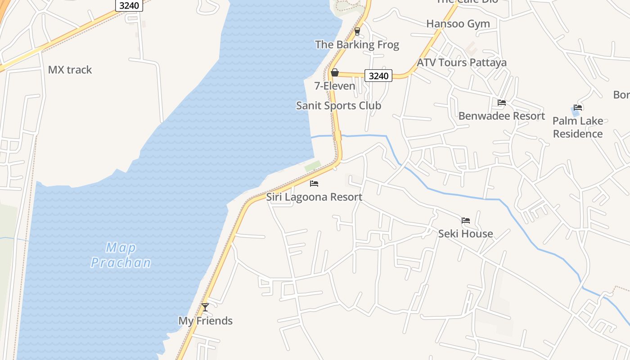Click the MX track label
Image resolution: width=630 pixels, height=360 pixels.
pyautogui.click(x=70, y=70)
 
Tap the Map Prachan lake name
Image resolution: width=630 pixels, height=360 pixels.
pyautogui.click(x=121, y=255)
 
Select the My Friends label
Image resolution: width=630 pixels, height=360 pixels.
pyautogui.click(x=205, y=321)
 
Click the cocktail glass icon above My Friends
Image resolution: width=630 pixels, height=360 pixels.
pyautogui.click(x=205, y=307)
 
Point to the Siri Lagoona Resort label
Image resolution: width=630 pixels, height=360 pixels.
pyautogui.click(x=314, y=197)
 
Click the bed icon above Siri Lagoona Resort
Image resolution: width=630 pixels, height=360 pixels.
pyautogui.click(x=314, y=184)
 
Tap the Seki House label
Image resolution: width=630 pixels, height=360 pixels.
pyautogui.click(x=465, y=234)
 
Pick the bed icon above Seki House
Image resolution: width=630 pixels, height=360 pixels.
pyautogui.click(x=466, y=220)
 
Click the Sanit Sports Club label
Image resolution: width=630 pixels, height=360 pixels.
pyautogui.click(x=338, y=106)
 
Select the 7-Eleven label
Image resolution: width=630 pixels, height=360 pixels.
pyautogui.click(x=335, y=86)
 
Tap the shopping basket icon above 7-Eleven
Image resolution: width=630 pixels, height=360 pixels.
pyautogui.click(x=335, y=72)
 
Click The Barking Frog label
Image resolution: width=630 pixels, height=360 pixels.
pyautogui.click(x=357, y=45)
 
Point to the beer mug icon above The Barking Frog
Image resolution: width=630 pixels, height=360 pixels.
pyautogui.click(x=357, y=31)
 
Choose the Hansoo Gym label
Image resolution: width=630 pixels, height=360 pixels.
pyautogui.click(x=458, y=24)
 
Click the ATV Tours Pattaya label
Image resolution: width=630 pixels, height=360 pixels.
pyautogui.click(x=462, y=63)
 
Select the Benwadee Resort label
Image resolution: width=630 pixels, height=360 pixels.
pyautogui.click(x=502, y=116)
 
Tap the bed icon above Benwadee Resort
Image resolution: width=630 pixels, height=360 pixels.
pyautogui.click(x=502, y=103)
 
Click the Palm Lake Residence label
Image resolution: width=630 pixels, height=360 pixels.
pyautogui.click(x=578, y=127)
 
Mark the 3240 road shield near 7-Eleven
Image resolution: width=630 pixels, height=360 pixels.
pyautogui.click(x=378, y=76)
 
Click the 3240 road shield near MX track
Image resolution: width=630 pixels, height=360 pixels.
pyautogui.click(x=129, y=5)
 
